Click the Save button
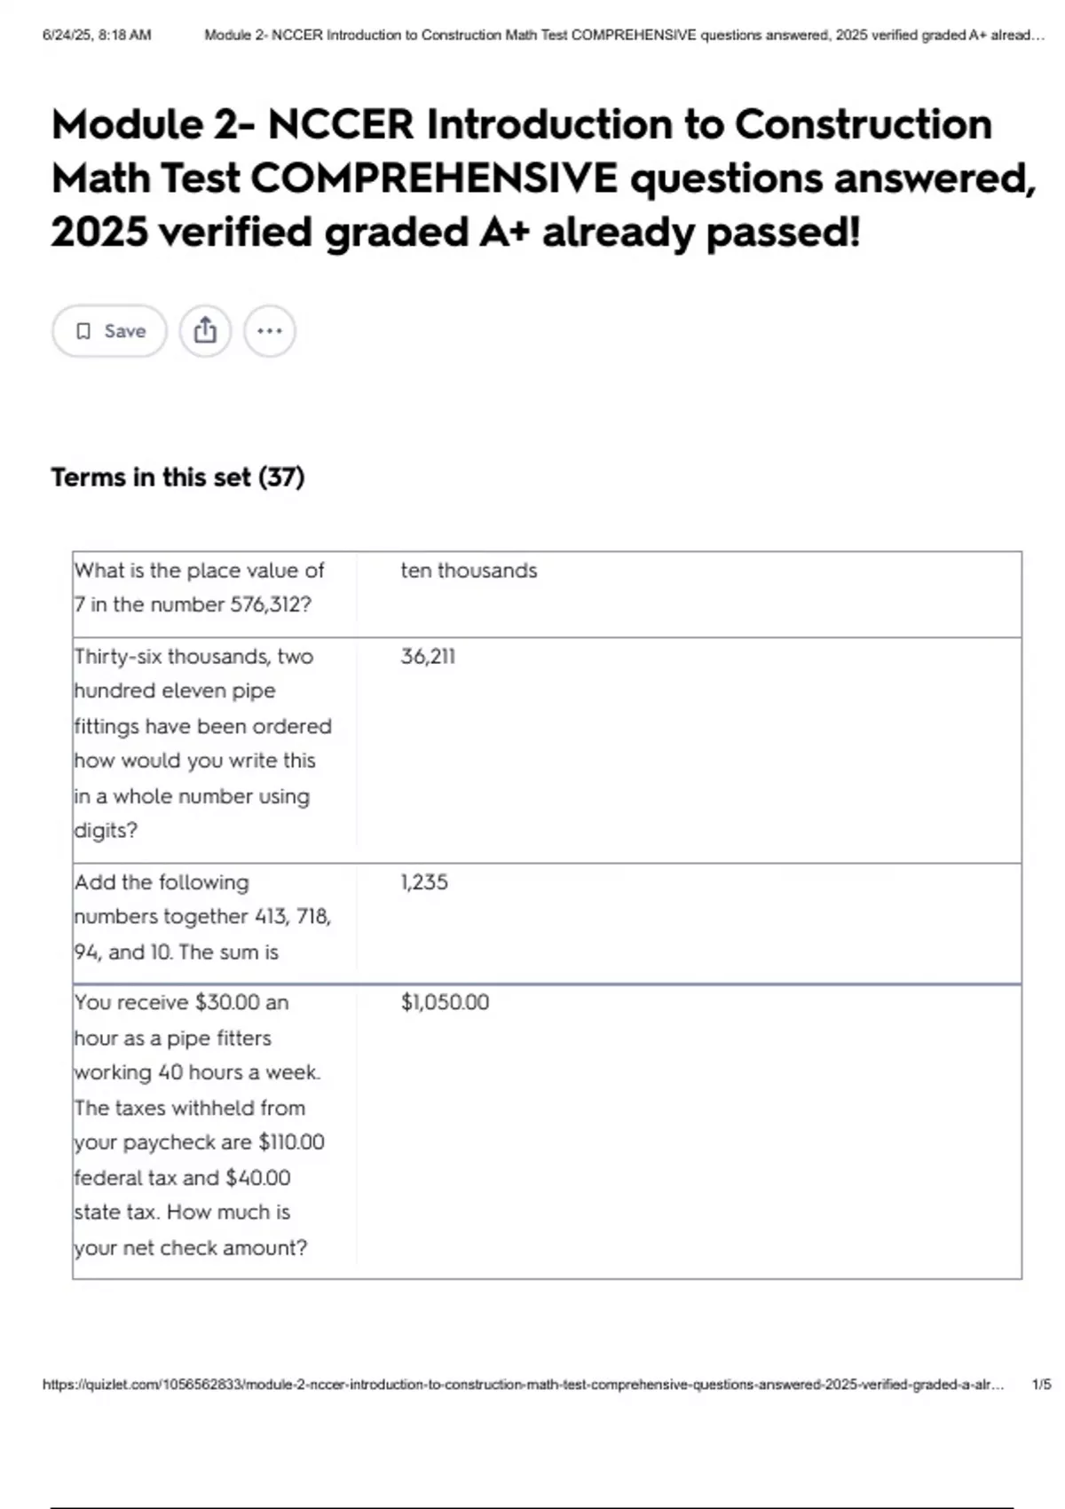pyautogui.click(x=109, y=331)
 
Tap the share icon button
pyautogui.click(x=205, y=331)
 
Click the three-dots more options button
pyautogui.click(x=269, y=331)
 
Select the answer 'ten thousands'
pyautogui.click(x=469, y=571)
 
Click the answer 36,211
pyautogui.click(x=428, y=657)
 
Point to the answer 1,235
pyautogui.click(x=424, y=882)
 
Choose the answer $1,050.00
pyautogui.click(x=445, y=1002)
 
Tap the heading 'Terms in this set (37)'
pyautogui.click(x=177, y=478)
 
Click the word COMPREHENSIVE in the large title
pyautogui.click(x=434, y=178)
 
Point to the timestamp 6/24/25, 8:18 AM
pyautogui.click(x=97, y=36)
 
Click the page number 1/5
pyautogui.click(x=1041, y=1385)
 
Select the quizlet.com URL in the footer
pyautogui.click(x=523, y=1385)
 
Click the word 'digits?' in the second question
pyautogui.click(x=106, y=831)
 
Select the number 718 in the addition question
pyautogui.click(x=313, y=916)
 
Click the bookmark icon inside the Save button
pyautogui.click(x=83, y=331)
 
